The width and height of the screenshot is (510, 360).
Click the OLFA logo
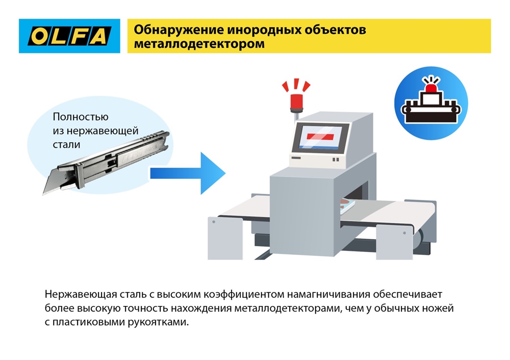(69, 36)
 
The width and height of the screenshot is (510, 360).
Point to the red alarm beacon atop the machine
(295, 99)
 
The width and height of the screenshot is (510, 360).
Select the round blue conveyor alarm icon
(431, 101)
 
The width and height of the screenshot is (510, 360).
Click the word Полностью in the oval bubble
(80, 117)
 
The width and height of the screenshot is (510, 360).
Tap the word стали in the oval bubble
(66, 144)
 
